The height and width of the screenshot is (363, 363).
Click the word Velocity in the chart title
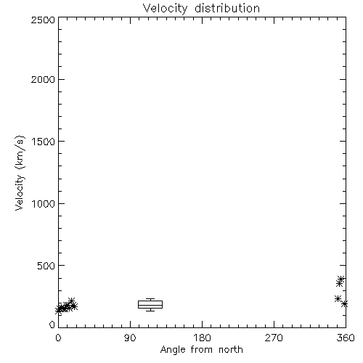coord(166,9)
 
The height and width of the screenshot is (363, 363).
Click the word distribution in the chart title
coord(227,8)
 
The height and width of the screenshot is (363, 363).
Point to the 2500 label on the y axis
coord(43,20)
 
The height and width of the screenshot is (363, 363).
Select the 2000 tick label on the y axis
coord(43,79)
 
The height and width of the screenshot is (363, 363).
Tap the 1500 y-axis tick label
coord(44,142)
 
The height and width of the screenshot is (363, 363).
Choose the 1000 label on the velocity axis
coord(44,203)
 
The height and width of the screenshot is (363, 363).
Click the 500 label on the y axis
coord(46,266)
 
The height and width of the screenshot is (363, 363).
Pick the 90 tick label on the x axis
coord(130,338)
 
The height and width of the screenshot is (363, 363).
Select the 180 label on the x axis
coord(202,338)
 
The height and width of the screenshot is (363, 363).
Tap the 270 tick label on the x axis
coord(274,338)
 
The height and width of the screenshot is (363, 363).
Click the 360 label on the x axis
coord(346,338)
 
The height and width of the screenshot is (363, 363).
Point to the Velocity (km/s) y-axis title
coord(20,173)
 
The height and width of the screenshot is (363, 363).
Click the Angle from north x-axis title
coord(202,350)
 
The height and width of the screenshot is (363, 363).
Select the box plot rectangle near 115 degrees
coord(150,304)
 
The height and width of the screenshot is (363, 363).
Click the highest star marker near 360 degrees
coord(341,279)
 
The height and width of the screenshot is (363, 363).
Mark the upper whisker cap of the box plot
coord(150,299)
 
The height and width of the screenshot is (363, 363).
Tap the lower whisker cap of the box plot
coord(150,311)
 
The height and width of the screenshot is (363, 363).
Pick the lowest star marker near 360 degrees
coord(345,303)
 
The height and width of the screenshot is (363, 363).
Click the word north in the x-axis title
coord(231,350)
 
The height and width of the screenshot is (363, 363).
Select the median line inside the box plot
coord(150,305)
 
